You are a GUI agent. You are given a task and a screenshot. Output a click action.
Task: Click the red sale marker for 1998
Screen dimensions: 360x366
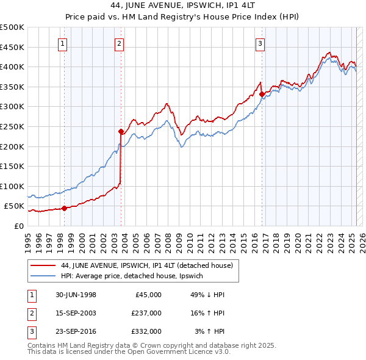tap(64, 208)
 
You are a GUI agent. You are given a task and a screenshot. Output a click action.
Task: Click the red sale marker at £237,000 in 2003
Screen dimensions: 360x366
tap(121, 131)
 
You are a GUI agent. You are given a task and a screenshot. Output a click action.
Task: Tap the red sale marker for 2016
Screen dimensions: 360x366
tap(262, 94)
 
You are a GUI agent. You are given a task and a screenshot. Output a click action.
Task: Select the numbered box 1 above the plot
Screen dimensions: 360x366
tap(63, 43)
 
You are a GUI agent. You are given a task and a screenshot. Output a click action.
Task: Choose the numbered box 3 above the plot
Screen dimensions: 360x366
tap(260, 43)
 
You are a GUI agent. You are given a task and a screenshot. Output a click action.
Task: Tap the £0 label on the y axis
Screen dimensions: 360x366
tap(18, 226)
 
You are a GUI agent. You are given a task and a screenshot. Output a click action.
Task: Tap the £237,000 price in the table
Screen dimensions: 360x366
tap(146, 313)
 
